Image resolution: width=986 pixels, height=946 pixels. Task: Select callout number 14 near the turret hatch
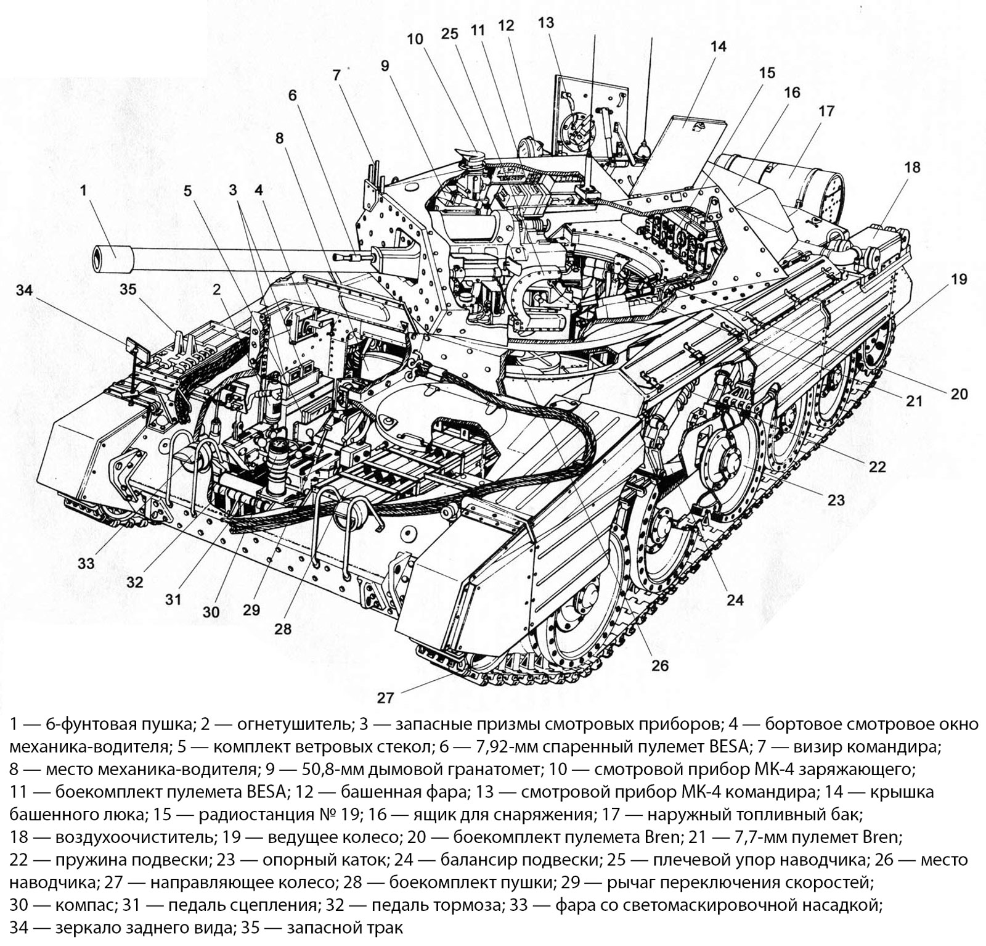click(718, 46)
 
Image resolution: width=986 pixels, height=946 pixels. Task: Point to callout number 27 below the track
click(385, 697)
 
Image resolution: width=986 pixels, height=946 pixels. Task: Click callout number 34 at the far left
click(24, 290)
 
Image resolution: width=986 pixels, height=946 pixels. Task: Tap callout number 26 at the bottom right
click(659, 665)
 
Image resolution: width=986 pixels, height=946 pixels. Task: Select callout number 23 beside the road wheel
click(836, 499)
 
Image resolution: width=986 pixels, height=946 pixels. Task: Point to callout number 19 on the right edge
click(958, 279)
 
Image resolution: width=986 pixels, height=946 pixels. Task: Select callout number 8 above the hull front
click(280, 138)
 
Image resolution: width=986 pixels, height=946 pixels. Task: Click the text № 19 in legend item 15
click(342, 815)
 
